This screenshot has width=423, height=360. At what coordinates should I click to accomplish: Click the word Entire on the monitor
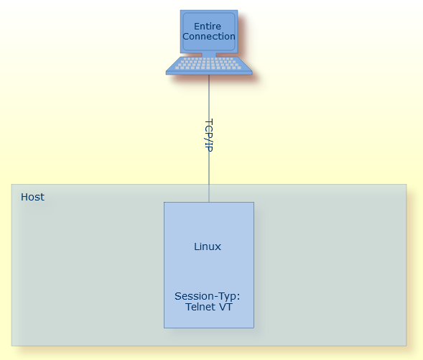click(208, 27)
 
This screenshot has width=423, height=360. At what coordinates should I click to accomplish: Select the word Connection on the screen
click(208, 37)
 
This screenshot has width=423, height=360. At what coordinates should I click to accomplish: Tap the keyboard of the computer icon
click(208, 65)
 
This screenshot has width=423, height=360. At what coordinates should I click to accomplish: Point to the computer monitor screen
click(208, 32)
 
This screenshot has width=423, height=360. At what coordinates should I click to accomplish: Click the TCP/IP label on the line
click(209, 135)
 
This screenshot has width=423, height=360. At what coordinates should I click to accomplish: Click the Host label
click(32, 197)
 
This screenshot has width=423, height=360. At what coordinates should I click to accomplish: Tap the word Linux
click(208, 246)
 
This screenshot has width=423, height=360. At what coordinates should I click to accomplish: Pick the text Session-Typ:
click(207, 296)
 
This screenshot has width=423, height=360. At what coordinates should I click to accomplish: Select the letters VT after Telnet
click(226, 307)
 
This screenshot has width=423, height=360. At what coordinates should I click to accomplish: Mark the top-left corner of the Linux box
click(164, 203)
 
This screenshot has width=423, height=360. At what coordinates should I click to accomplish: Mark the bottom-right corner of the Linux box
click(254, 328)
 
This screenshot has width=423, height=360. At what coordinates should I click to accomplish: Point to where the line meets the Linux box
click(209, 202)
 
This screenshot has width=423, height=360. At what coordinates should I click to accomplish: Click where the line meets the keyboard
click(209, 75)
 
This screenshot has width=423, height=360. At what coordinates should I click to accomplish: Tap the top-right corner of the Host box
click(406, 185)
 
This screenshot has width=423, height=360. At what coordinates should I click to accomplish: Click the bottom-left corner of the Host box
click(11, 345)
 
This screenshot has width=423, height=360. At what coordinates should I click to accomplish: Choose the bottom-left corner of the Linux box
click(164, 328)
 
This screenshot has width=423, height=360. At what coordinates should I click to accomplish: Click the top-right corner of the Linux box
click(254, 203)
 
